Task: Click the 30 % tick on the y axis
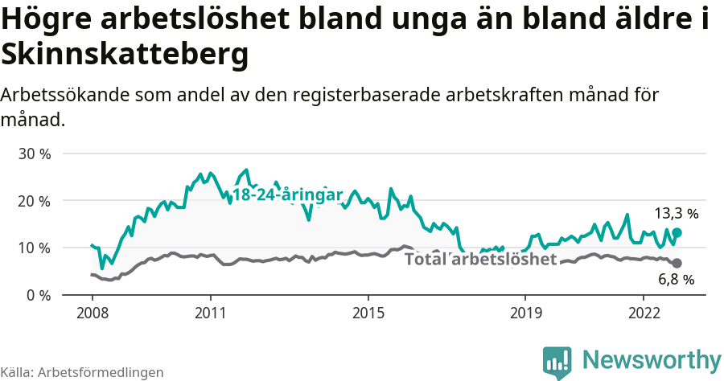click(35, 154)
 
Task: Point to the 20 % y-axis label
click(35, 201)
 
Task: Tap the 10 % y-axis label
click(35, 248)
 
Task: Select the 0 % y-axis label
click(38, 296)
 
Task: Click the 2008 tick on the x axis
click(92, 312)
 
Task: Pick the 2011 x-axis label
click(210, 312)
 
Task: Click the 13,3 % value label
click(676, 214)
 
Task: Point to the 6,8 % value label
click(676, 280)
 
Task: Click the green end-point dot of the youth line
click(677, 232)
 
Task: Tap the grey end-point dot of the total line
click(677, 263)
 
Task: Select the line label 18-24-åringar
click(287, 195)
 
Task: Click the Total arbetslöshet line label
click(480, 259)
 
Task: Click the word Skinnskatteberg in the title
click(125, 55)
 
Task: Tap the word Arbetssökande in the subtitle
click(67, 95)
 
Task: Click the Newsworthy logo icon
click(557, 363)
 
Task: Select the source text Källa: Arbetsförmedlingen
click(82, 372)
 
